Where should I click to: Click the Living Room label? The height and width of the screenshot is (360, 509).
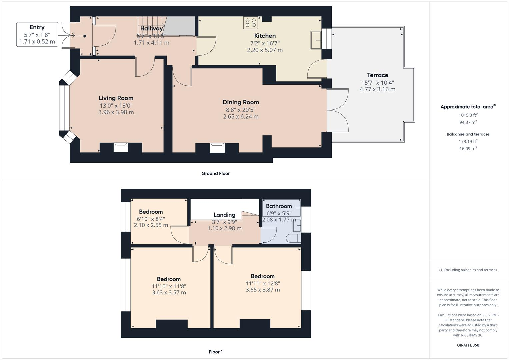click(x=116, y=98)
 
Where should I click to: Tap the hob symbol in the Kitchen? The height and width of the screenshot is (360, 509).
click(x=250, y=23)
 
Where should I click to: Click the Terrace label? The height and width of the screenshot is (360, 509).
click(x=377, y=75)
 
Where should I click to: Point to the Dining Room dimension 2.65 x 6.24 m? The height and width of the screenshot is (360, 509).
click(x=241, y=117)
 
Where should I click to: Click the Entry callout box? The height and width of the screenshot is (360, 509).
click(x=37, y=34)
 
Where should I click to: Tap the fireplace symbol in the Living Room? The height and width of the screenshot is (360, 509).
click(x=121, y=147)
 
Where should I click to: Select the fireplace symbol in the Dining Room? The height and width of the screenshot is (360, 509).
click(x=217, y=147)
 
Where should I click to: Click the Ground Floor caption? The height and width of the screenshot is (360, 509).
click(x=215, y=173)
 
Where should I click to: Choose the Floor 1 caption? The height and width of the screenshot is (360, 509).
click(x=216, y=352)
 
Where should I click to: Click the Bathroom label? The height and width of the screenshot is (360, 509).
click(x=279, y=206)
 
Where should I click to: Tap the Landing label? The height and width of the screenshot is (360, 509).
click(x=224, y=215)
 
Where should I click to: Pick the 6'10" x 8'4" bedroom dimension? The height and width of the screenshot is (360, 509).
click(x=151, y=219)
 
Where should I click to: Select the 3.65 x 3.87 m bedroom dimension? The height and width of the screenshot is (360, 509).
click(x=263, y=290)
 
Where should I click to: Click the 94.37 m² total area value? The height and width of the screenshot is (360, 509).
click(x=468, y=122)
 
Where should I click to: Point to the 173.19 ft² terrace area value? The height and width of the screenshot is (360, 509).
click(x=468, y=141)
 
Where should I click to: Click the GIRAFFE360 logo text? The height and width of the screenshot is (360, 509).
click(x=468, y=345)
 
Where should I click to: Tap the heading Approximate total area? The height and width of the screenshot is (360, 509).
click(x=468, y=107)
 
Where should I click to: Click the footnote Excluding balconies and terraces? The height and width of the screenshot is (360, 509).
click(x=468, y=270)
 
